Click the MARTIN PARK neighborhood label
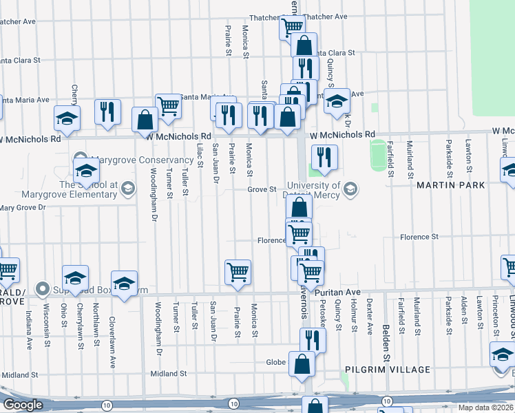(x=451, y=185)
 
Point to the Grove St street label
(x=262, y=189)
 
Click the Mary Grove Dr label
(x=22, y=207)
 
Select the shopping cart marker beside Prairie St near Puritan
(x=238, y=271)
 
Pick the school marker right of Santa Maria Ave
(x=337, y=101)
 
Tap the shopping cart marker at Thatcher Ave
(x=292, y=27)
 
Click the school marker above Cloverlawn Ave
(x=124, y=283)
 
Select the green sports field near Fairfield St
(x=377, y=156)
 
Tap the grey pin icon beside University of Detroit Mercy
(x=350, y=188)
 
